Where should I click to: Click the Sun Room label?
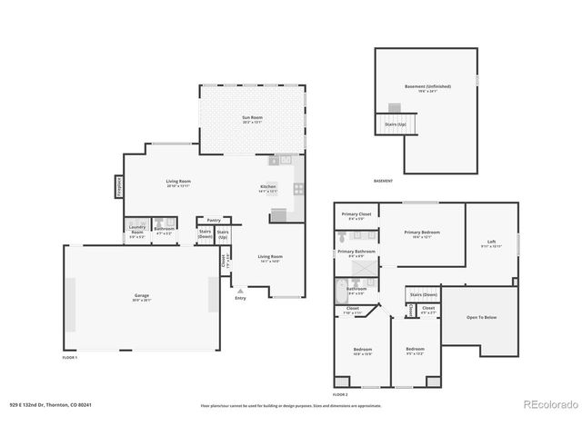[x=252, y=119]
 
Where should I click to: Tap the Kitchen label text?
[x=268, y=187]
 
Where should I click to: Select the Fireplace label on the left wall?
[x=119, y=185]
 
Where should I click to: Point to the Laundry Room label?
[x=137, y=230]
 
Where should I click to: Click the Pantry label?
[x=214, y=220]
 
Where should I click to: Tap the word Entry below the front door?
[x=240, y=298]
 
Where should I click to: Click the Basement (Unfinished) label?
[x=427, y=87]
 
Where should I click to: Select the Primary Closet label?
[x=353, y=215]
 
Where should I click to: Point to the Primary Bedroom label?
[x=421, y=233]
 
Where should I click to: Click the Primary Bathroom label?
[x=356, y=252]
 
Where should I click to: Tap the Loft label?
[x=491, y=242]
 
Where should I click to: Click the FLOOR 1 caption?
[x=70, y=358]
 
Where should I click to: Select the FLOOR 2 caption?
[x=340, y=395]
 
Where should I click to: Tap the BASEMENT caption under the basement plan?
[x=383, y=181]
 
